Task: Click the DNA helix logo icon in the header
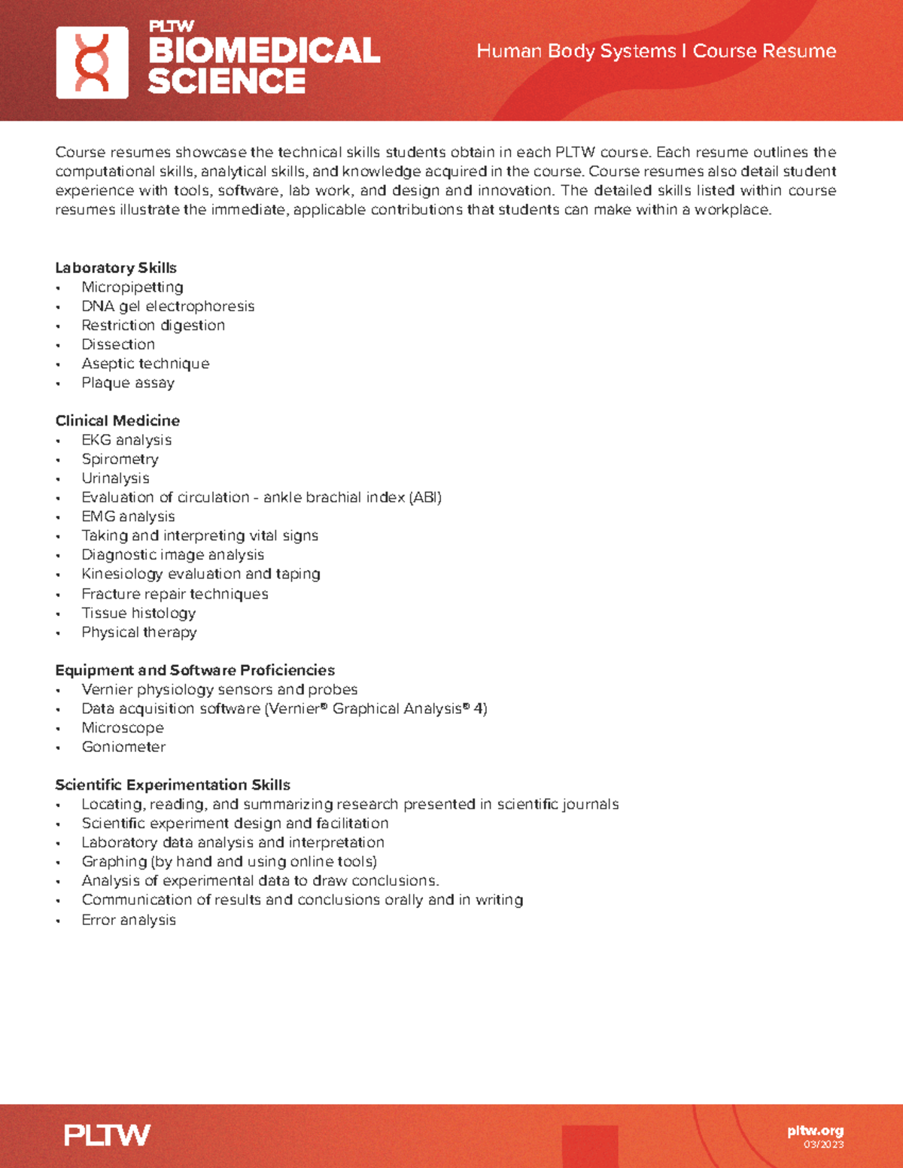92,62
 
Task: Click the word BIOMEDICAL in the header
263,51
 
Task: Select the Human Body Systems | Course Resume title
656,51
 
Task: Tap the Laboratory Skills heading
116,268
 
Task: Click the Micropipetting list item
132,287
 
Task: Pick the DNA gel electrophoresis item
168,306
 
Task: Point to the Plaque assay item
128,383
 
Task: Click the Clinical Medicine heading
117,420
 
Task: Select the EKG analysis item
126,440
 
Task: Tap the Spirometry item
120,459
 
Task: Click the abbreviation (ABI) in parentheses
425,497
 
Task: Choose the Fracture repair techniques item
175,593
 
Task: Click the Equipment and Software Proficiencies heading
195,670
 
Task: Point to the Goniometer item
123,747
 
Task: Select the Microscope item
123,728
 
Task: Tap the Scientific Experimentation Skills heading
172,785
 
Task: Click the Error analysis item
129,920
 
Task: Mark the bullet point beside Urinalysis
58,479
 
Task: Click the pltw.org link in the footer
815,1130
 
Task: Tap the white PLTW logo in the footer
107,1135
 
